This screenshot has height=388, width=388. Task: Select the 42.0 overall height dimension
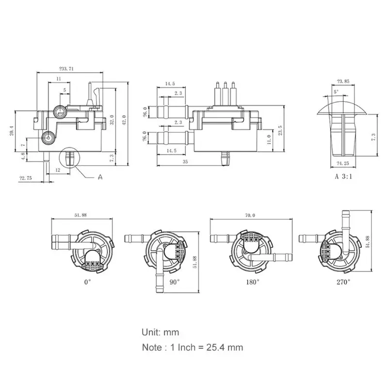click(124, 119)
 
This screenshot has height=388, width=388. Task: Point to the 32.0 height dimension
click(112, 119)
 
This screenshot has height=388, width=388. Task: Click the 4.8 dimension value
click(23, 156)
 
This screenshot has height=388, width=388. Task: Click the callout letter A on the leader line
click(100, 178)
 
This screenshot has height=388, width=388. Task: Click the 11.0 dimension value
click(268, 140)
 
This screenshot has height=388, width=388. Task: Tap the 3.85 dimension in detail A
click(343, 81)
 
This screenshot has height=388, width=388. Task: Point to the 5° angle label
click(336, 92)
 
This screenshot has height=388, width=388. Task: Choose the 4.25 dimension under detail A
click(343, 163)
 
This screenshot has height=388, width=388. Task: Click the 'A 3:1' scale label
click(343, 177)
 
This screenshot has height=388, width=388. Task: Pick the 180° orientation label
click(253, 282)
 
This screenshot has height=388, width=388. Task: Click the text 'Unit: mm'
click(160, 332)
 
